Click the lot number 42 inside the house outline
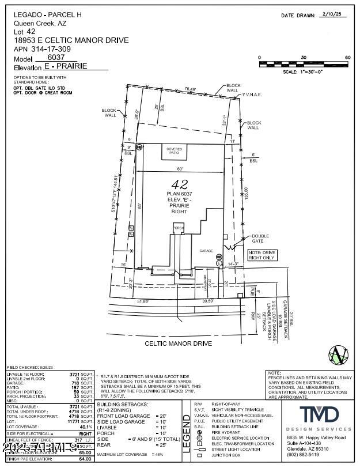coord(183,185)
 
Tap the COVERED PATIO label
coord(174,151)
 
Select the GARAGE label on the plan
coord(206,251)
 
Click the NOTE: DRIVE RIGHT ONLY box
coord(262,255)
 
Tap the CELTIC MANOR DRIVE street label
coord(178,344)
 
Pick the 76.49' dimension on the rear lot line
coord(190,89)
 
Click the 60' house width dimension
coord(180,168)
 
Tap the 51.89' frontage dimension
coord(143,301)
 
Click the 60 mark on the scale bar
coord(347,58)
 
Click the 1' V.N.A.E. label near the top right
coord(252,95)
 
